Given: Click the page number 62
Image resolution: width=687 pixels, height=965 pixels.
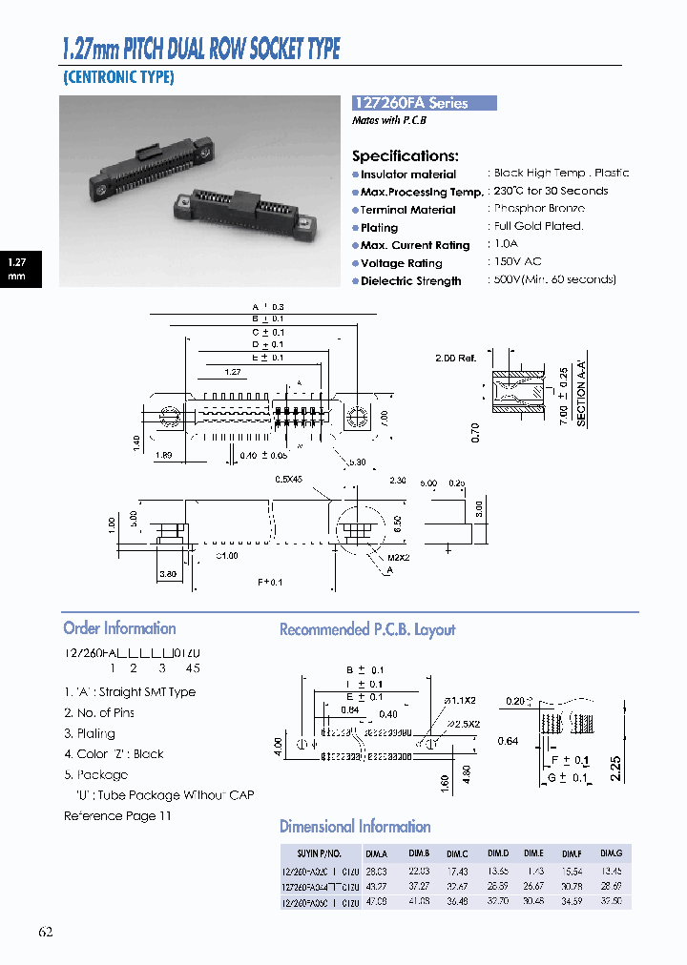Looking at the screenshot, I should (46, 932).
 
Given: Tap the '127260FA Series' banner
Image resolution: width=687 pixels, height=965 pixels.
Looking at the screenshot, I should (424, 103).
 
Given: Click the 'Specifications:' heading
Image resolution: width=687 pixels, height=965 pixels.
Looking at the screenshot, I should (406, 155).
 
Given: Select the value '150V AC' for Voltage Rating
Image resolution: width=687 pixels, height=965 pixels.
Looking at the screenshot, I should (518, 261).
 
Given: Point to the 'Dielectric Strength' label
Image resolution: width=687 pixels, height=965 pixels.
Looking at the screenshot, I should (410, 281).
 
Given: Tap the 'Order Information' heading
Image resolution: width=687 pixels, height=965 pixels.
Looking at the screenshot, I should (119, 628).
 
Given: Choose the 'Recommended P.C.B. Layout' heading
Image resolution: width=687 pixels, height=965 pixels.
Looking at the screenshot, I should (367, 629).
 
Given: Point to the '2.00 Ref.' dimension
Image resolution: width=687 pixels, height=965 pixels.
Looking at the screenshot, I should (454, 359).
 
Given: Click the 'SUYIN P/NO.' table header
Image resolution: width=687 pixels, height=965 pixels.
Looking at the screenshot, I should (320, 853).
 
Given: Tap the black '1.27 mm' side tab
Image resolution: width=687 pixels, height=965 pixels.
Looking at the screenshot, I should (17, 269).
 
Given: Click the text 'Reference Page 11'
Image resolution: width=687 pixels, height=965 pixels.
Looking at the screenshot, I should (117, 816).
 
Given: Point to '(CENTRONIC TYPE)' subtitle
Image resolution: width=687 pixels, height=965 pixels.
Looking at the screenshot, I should (119, 78).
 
